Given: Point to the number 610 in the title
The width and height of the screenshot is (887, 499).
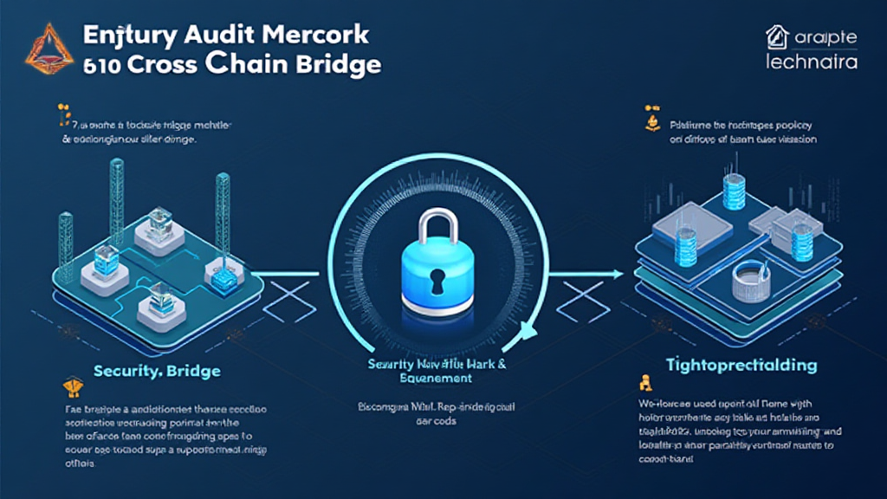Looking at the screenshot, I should tap(101, 66).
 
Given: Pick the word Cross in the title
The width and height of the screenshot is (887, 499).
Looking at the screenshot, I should tap(174, 66).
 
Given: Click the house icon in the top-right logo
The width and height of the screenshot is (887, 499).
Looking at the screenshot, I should tap(776, 37).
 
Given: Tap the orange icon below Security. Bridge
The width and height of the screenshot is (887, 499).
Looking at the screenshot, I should tap(73, 386).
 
